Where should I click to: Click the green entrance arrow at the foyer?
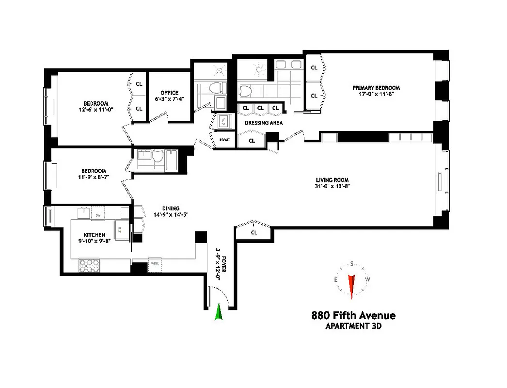(219, 312)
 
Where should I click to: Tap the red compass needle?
(352, 285)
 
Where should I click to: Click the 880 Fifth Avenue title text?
(353, 316)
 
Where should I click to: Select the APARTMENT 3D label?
(353, 326)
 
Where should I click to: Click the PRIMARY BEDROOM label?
(376, 88)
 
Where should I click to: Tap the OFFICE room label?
(169, 93)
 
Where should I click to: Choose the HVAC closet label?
(224, 140)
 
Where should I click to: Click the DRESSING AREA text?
(263, 123)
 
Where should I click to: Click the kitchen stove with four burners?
(89, 265)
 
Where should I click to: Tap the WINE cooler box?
(155, 263)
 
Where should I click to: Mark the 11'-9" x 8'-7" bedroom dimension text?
(94, 178)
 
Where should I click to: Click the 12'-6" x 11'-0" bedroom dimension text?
(95, 110)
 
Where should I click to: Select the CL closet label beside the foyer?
(253, 233)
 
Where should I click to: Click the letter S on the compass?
(352, 264)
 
